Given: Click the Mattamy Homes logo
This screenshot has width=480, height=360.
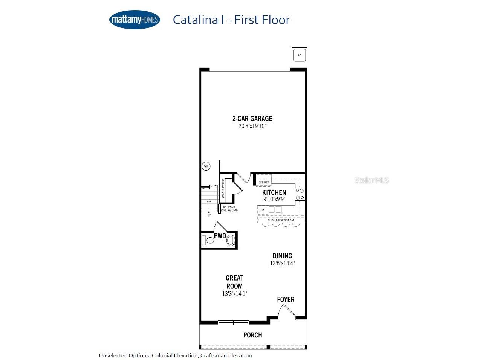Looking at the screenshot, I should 135,20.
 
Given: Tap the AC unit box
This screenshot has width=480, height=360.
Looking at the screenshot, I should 300,55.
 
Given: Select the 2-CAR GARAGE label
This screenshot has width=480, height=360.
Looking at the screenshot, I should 252,118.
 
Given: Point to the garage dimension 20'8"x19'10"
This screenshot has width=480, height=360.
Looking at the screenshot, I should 252,127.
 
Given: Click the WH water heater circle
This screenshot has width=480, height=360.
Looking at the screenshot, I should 206,166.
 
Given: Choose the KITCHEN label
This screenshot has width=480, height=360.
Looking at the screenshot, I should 274,192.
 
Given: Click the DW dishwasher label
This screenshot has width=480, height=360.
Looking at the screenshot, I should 263,210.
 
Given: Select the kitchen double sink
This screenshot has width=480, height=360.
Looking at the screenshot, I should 275,210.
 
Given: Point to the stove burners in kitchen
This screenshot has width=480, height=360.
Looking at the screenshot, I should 300,194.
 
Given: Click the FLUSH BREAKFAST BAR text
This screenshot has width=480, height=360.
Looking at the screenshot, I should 281,220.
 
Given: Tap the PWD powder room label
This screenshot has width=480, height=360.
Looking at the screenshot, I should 220,236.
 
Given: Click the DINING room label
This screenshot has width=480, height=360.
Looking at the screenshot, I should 282,256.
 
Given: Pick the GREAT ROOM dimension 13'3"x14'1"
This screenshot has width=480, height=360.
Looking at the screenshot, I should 234,294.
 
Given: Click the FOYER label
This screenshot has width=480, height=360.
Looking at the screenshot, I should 286,299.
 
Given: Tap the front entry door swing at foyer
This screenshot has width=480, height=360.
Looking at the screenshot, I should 285,312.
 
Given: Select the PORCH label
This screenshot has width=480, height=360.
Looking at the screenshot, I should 252,335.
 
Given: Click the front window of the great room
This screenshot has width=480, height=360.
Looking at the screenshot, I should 234,323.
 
